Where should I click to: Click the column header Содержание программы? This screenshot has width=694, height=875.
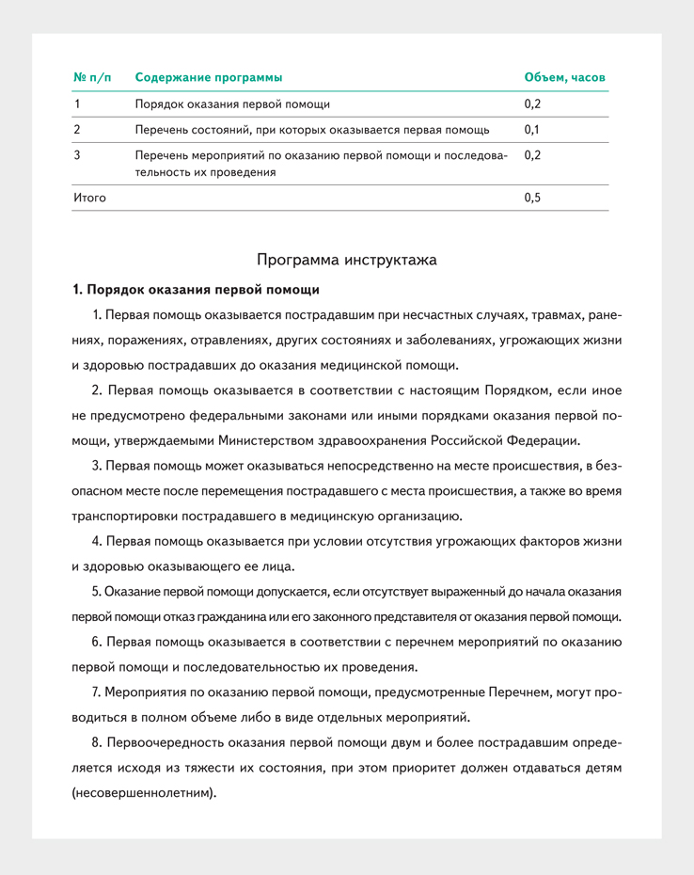pos(208,77)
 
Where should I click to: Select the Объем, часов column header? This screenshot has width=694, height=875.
pos(564,77)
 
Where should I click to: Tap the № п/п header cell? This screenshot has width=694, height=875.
pos(92,77)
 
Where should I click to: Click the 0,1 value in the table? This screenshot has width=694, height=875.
pos(532,129)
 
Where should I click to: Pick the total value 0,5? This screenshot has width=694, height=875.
pos(532,198)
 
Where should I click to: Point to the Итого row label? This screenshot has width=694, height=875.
pos(89,198)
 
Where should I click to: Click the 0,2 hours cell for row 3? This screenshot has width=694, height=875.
pos(532,154)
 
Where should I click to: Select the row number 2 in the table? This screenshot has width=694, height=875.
pos(76,129)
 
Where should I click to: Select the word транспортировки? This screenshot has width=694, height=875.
pos(121,516)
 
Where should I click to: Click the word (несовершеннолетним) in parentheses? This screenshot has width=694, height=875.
pos(144,793)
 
